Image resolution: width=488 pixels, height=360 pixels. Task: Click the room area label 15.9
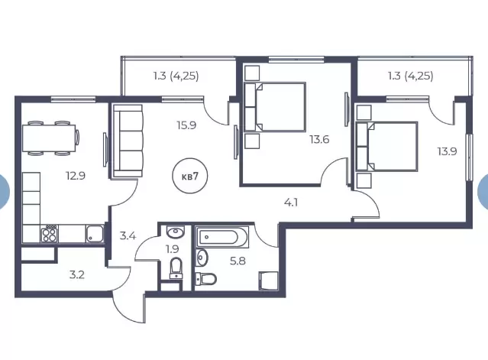tap(186, 125)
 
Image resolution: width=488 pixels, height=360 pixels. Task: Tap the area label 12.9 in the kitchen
tap(76, 176)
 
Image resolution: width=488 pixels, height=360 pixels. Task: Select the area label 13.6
tap(319, 139)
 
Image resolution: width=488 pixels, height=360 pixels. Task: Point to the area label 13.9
tap(447, 151)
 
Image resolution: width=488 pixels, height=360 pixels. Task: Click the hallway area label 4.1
tap(291, 203)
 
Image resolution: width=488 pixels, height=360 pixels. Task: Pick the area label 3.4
tap(128, 235)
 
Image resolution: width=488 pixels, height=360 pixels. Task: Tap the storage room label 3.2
tap(76, 274)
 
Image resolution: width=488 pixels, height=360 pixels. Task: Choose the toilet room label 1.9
tap(172, 249)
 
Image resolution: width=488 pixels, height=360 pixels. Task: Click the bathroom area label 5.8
tap(238, 261)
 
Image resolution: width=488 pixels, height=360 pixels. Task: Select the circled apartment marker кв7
tap(190, 176)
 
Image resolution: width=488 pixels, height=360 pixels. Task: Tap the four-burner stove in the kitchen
tap(50, 235)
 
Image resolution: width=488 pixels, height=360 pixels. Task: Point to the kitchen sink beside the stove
tap(95, 234)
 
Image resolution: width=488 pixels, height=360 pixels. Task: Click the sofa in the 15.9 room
tap(128, 141)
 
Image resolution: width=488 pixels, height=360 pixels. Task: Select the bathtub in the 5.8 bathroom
tap(222, 237)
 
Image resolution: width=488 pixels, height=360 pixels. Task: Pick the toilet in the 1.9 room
tap(176, 268)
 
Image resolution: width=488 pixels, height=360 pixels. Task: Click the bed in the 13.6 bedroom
tap(274, 107)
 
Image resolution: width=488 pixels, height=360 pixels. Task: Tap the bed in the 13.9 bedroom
tap(386, 146)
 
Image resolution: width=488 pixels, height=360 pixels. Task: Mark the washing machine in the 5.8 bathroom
tap(268, 281)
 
